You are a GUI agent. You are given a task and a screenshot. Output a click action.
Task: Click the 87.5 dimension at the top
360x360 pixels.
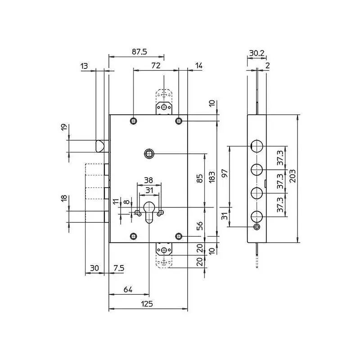[139, 52]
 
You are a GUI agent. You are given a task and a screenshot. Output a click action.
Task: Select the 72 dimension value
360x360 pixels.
[156, 65]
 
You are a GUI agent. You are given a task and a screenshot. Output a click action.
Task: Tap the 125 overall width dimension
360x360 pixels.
[147, 304]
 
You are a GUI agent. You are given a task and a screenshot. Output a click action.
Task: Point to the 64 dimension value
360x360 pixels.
[128, 289]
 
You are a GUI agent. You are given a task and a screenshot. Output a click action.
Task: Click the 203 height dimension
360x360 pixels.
[292, 176]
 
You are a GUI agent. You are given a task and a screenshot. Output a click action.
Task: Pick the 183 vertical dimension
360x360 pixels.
[212, 177]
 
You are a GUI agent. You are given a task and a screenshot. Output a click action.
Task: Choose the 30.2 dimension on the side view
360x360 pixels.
[257, 53]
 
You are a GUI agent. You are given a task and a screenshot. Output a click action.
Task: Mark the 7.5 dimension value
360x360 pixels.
[119, 268]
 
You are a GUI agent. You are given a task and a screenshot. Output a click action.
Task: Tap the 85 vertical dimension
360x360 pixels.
[200, 178]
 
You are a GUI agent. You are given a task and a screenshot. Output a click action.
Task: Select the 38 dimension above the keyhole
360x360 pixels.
[148, 180]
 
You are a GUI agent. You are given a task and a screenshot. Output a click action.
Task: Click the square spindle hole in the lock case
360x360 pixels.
[149, 153]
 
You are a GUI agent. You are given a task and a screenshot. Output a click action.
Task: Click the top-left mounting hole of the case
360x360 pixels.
[133, 121]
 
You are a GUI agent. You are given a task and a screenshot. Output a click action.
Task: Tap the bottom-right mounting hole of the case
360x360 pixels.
[179, 236]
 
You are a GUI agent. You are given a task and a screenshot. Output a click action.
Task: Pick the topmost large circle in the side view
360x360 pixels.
[256, 146]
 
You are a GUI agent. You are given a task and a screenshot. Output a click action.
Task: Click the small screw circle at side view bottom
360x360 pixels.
[256, 227]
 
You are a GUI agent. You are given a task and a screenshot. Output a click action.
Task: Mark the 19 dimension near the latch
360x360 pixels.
[64, 127]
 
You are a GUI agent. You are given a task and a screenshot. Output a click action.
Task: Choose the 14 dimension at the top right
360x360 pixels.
[199, 66]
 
